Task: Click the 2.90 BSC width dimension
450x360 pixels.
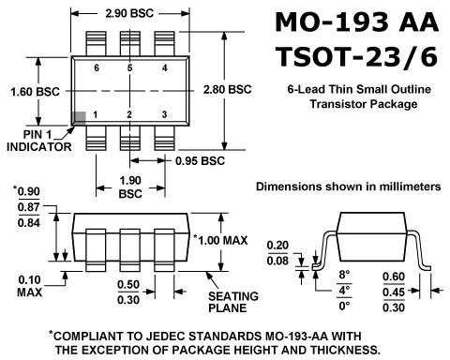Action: coord(129,13)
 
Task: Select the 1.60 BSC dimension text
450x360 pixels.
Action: coord(35,92)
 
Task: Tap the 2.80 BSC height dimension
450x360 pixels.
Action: coord(227,89)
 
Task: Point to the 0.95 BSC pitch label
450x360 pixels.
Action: coord(200,161)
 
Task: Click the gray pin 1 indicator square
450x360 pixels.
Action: coord(79,118)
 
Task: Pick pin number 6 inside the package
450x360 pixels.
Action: coord(97,67)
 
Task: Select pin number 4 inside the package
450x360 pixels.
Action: coord(165,67)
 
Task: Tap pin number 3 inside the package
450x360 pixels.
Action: coord(164,114)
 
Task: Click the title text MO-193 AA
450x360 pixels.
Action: coord(357,22)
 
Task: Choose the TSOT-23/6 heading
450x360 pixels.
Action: coord(356,57)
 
